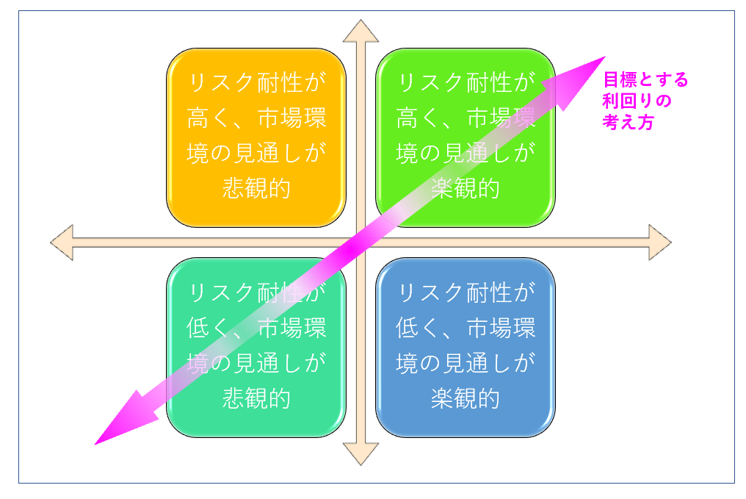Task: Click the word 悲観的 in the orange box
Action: point(256,188)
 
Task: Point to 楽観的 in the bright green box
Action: point(465,188)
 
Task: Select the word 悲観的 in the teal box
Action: point(256,398)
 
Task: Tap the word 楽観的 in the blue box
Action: point(465,398)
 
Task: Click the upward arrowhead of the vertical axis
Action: point(361,32)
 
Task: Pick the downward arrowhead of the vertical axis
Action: point(361,454)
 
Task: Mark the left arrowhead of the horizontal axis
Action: point(62,242)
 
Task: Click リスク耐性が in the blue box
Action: point(465,294)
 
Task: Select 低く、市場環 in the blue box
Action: point(465,329)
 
